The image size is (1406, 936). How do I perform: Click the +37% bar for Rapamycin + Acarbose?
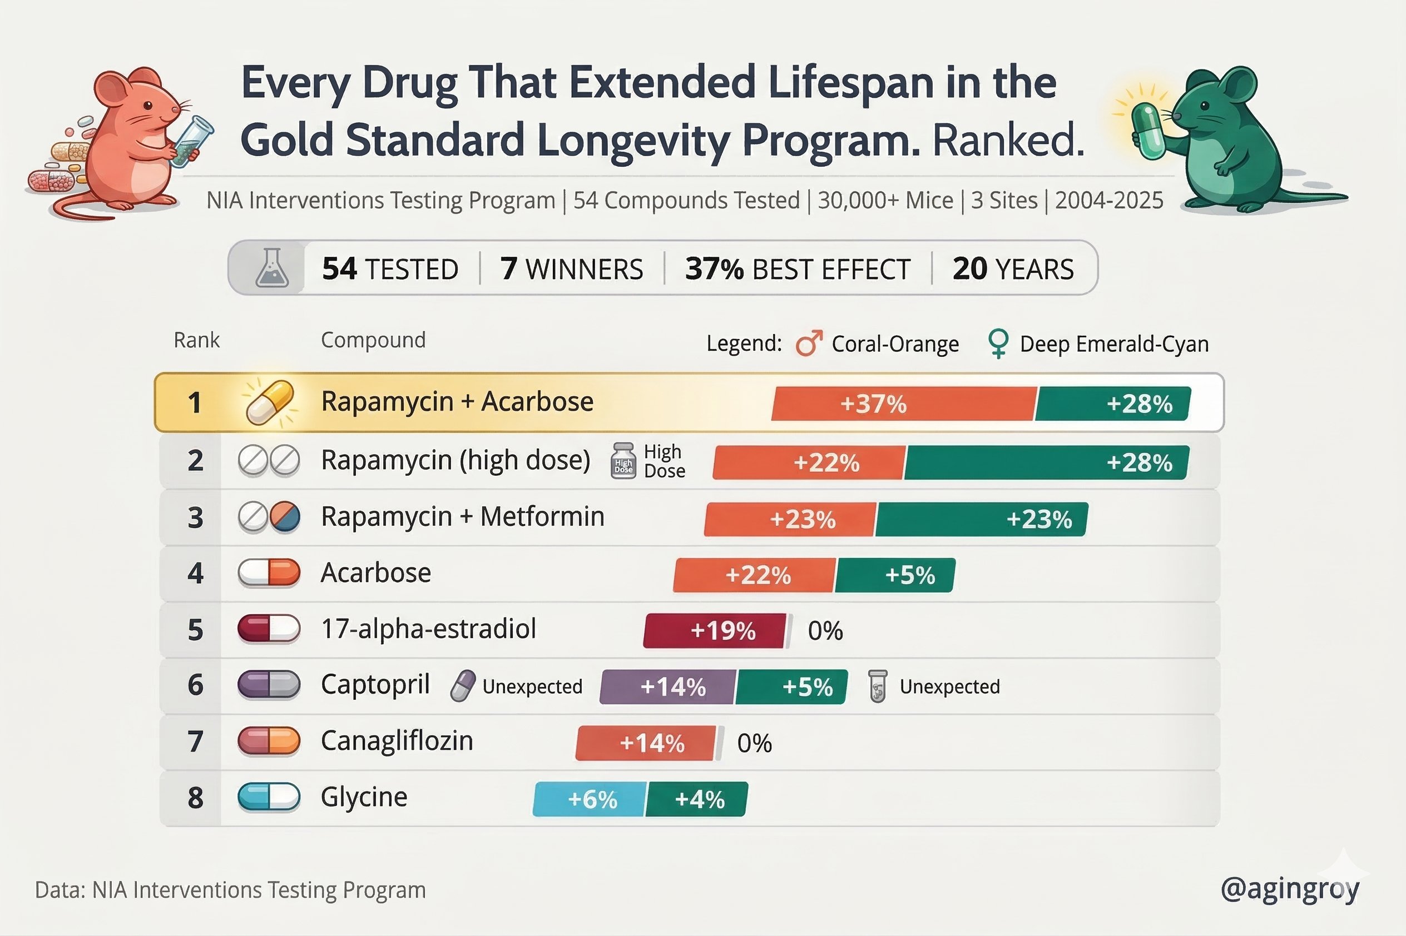903,404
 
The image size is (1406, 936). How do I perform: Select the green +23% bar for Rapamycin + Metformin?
981,519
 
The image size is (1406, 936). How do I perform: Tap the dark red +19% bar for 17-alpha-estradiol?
715,631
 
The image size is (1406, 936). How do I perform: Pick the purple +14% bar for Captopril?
668,687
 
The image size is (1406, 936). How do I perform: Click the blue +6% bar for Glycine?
590,799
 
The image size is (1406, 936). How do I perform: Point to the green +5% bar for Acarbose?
895,575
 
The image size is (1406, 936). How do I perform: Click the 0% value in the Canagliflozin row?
754,743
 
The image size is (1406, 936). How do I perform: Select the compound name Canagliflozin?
397,741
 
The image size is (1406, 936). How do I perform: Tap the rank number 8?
195,798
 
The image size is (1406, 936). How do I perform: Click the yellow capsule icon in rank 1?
270,402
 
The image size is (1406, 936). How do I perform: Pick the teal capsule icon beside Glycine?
269,797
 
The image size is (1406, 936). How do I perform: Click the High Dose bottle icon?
623,461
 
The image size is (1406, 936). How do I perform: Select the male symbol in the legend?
809,344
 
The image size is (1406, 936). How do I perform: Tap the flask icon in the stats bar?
272,268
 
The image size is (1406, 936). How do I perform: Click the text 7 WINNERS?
572,268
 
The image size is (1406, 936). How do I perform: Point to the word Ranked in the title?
1008,140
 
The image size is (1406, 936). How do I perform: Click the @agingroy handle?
1290,889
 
